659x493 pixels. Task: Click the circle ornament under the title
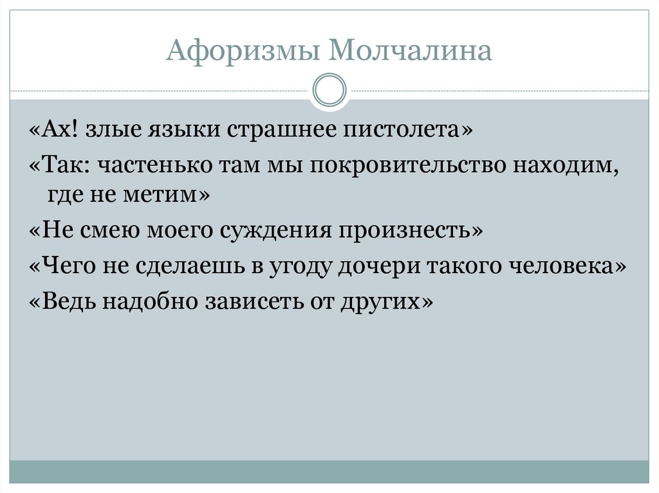coord(329,89)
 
